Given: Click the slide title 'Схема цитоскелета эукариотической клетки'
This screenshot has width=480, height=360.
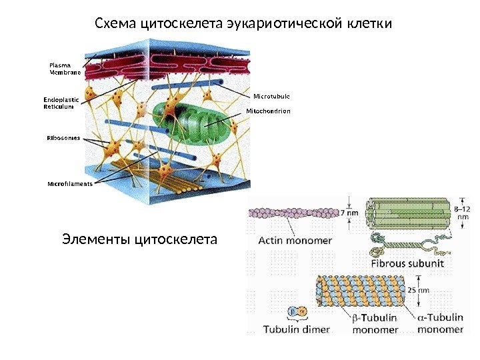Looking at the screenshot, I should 243,25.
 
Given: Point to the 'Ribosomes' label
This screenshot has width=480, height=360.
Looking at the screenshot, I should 63,138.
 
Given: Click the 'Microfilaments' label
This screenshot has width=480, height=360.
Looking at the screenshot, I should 69,183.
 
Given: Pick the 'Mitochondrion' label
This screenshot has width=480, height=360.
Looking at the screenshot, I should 269,111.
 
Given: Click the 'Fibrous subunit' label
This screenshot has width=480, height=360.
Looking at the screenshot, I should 407,263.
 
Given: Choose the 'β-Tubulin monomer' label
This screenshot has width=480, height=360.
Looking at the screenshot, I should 375,323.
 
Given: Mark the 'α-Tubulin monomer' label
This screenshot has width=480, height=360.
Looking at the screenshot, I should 441,323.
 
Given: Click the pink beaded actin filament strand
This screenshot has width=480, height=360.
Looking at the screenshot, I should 293,213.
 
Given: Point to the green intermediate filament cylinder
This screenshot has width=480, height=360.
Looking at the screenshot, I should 407,213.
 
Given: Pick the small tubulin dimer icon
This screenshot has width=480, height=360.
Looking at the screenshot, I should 296,311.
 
